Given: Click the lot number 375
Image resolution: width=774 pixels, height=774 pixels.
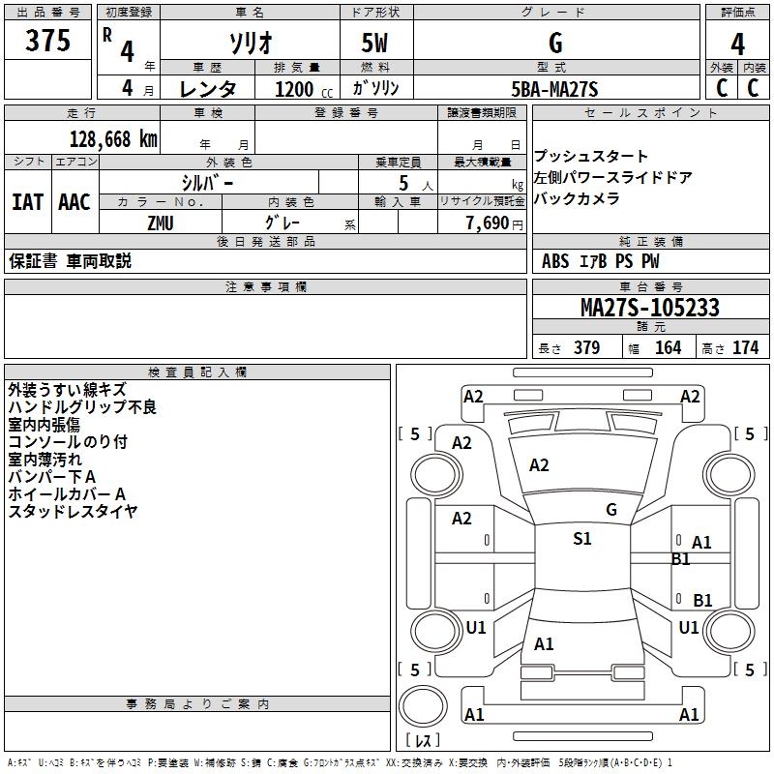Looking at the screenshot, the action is tap(47, 40).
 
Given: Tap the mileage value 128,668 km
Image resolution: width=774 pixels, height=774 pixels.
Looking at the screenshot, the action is tap(113, 139).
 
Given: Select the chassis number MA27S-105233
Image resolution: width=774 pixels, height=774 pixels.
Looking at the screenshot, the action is tap(650, 307).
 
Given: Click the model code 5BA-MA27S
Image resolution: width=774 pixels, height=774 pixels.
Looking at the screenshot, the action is tap(554, 89).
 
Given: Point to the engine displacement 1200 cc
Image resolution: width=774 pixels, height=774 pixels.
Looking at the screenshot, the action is tap(304, 89).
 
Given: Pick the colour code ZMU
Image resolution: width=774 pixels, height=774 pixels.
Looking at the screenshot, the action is tap(161, 223).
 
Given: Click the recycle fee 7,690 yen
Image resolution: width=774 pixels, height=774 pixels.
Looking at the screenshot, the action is tap(494, 223).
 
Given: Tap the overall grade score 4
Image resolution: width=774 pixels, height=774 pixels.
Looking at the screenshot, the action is tap(737, 45).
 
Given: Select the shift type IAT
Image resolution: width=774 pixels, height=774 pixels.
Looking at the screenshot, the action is tap(28, 202).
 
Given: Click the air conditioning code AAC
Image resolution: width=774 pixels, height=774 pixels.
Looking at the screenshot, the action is tap(74, 202).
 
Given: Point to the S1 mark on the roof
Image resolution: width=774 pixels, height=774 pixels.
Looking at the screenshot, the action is tap(582, 539).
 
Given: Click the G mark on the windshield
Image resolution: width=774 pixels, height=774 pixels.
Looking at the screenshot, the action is tap(611, 510).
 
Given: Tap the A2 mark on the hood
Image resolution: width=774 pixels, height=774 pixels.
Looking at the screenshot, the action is tap(539, 465).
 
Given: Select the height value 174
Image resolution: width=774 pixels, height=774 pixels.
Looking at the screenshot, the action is tap(745, 347).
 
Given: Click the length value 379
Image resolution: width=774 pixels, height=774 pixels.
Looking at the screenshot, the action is tap(587, 347).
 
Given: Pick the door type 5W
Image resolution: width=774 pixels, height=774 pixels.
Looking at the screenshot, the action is tap(374, 43).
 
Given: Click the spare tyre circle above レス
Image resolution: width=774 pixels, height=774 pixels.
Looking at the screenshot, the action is tap(423, 705).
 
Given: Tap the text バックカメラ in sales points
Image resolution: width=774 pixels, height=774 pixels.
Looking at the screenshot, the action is tap(577, 198).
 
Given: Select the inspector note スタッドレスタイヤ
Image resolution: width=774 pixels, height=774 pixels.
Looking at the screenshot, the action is tap(73, 512).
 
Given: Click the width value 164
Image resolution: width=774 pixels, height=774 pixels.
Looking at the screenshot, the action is tap(668, 347).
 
